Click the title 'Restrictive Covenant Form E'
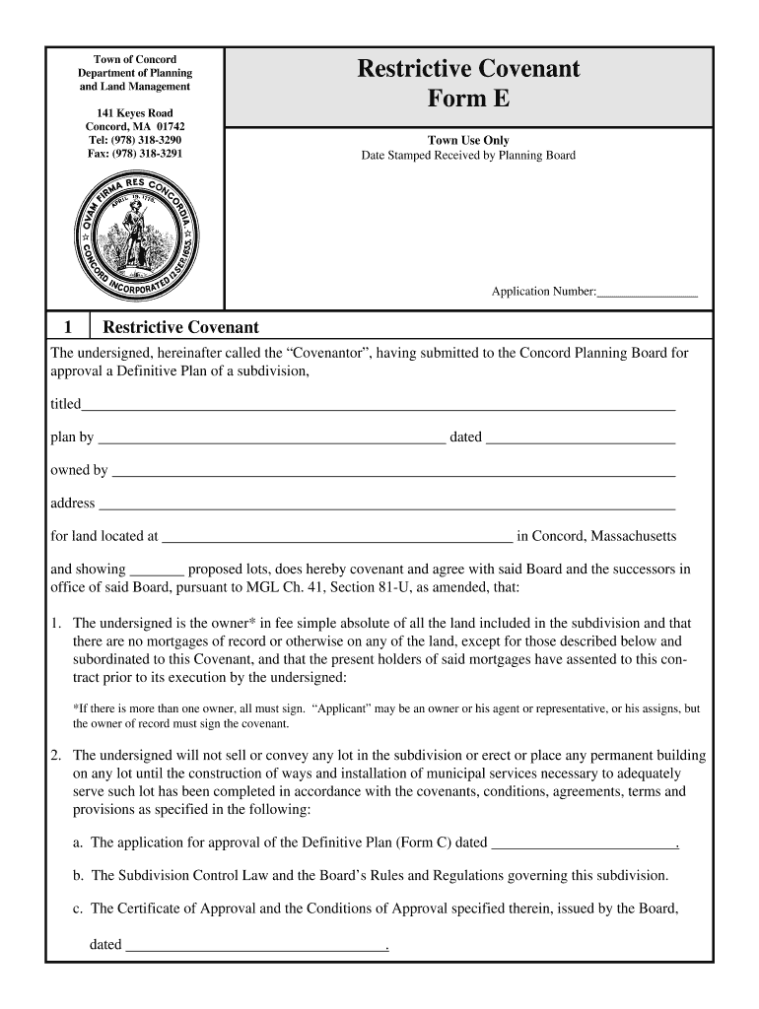468,84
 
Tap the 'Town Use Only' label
468,141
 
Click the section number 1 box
68,327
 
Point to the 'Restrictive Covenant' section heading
180,327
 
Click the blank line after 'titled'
379,405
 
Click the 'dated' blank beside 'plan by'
581,438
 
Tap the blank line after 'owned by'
393,472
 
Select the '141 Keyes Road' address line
135,113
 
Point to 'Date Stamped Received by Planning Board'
468,156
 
